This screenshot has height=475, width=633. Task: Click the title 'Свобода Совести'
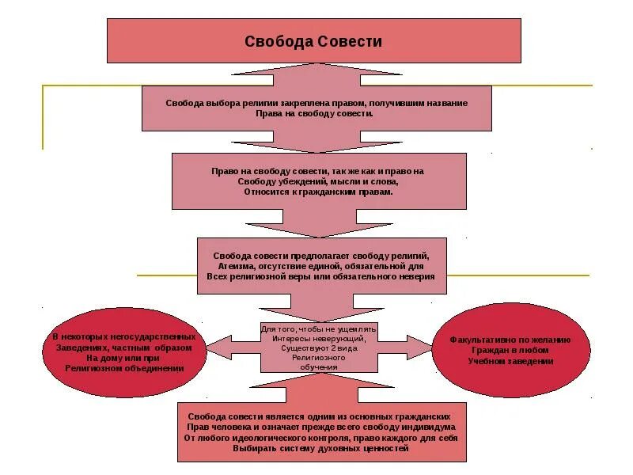[313, 41]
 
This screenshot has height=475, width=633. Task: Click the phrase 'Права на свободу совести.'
[314, 113]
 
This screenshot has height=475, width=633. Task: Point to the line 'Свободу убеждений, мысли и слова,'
[317, 181]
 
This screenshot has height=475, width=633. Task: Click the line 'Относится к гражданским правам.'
[317, 192]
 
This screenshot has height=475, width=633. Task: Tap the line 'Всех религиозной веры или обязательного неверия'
[320, 277]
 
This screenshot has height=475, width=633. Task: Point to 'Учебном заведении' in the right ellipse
[510, 361]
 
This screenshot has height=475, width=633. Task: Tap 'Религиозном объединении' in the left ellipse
[124, 368]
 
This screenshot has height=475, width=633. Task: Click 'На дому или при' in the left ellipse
[124, 358]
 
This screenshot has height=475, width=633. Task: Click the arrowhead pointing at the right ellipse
[421, 345]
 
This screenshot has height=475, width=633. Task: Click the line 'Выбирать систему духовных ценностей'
[320, 448]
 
